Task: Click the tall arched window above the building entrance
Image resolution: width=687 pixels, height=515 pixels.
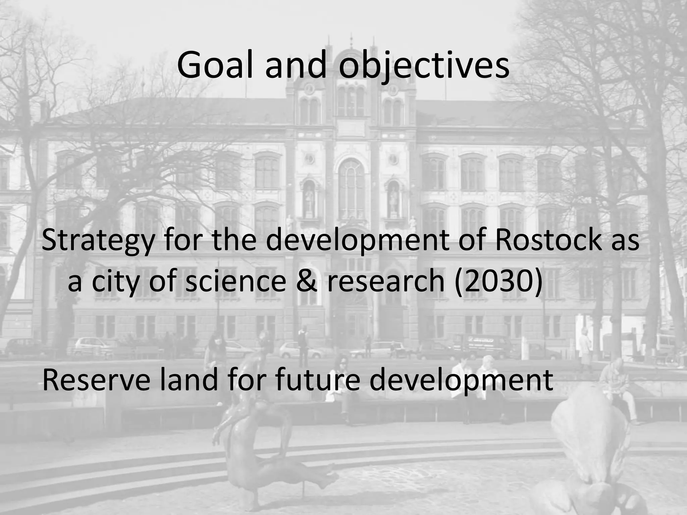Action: (x=351, y=188)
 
